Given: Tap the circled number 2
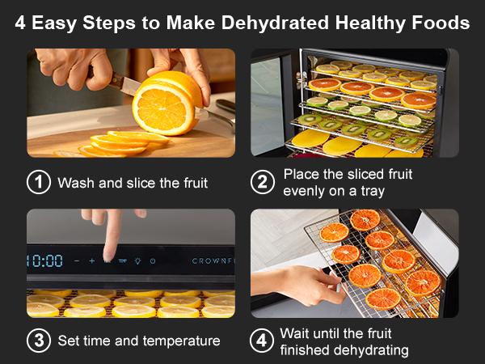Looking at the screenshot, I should pos(261,182).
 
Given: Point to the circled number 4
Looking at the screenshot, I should pos(261,341).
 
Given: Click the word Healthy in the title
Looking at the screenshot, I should pos(348,23).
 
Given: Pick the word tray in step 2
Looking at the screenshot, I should pos(369,190).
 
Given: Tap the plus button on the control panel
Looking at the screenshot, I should pos(91,261).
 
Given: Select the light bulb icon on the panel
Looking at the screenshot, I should pos(137,261).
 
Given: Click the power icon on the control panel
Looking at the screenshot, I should pos(153,261).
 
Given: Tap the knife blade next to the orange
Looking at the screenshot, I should pos(121,83).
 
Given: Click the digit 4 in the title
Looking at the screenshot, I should pos(20,23).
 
